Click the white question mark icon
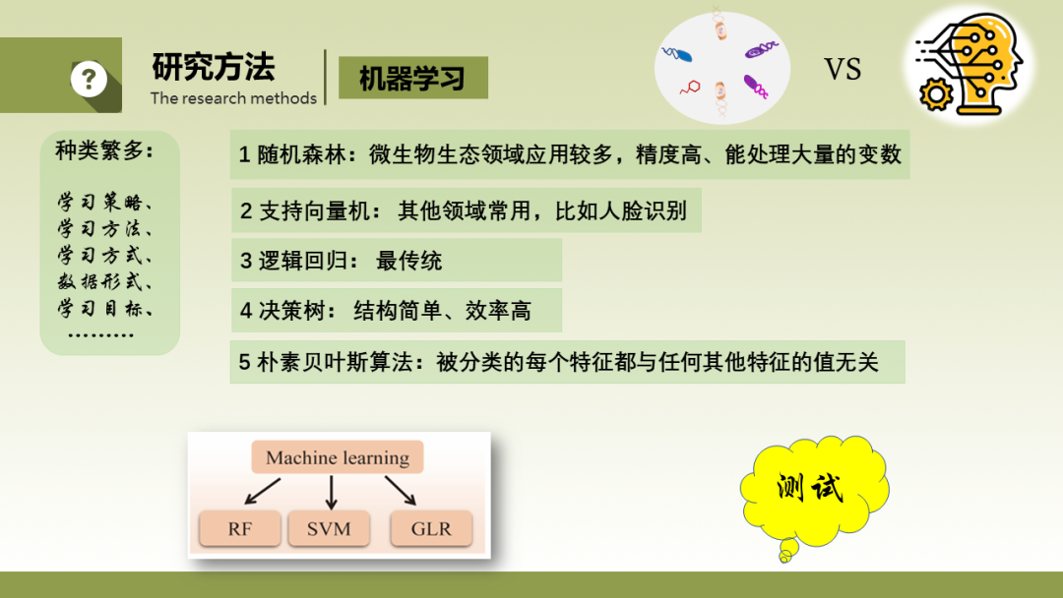[x=89, y=80]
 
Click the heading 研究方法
[x=214, y=66]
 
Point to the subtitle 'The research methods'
[x=234, y=98]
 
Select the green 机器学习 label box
[x=412, y=78]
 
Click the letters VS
[x=843, y=69]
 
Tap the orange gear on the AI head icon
[x=936, y=94]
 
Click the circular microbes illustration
[x=722, y=68]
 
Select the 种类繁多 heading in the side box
[x=104, y=150]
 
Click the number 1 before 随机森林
[x=245, y=155]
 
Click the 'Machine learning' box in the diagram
[x=338, y=457]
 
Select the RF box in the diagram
[x=240, y=528]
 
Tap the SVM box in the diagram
[x=329, y=528]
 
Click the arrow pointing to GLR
[x=400, y=491]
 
